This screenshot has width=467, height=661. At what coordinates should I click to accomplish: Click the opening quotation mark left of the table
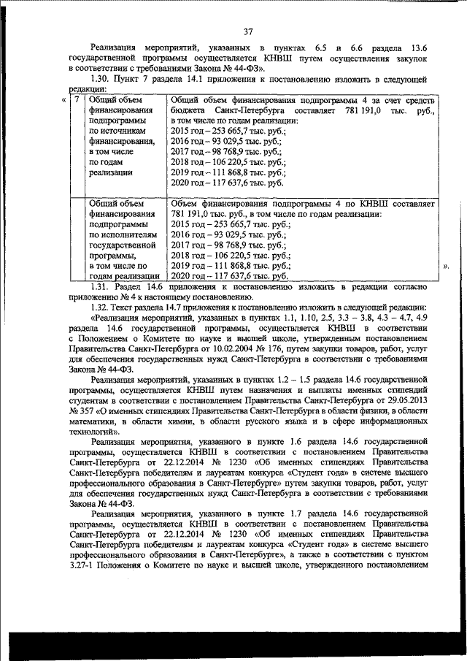(x=64, y=99)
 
